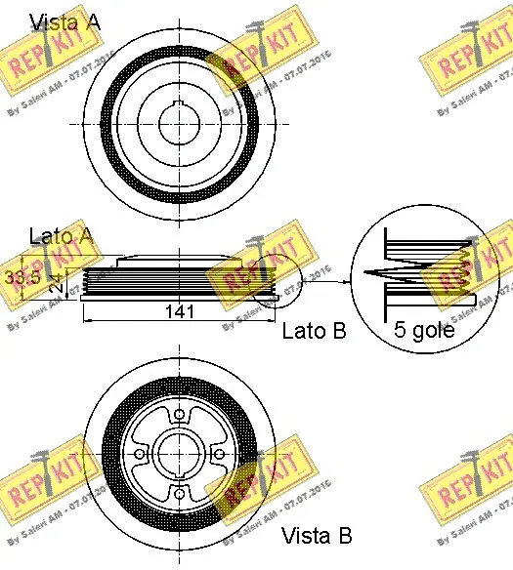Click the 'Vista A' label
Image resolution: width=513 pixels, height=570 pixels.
tap(64, 21)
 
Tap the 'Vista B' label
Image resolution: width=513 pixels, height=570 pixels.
tap(317, 535)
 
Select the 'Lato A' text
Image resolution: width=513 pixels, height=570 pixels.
tap(62, 235)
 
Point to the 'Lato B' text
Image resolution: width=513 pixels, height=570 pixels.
tap(314, 331)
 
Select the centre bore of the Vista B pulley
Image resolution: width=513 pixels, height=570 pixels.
tap(181, 457)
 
